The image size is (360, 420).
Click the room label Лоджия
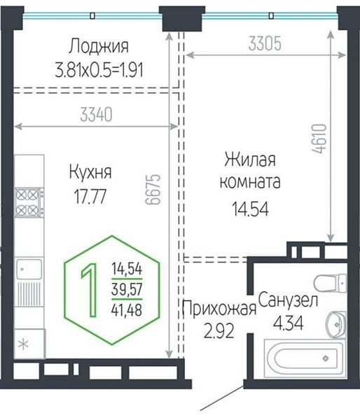coord(99,47)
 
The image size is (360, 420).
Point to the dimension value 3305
coord(265,44)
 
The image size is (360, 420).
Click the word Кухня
coord(90,172)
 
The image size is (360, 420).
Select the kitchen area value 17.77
coord(90,195)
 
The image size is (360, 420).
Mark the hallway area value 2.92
coord(219,329)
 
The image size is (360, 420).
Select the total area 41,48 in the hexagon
coord(127,309)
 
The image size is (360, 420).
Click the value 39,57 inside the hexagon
coord(127,289)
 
